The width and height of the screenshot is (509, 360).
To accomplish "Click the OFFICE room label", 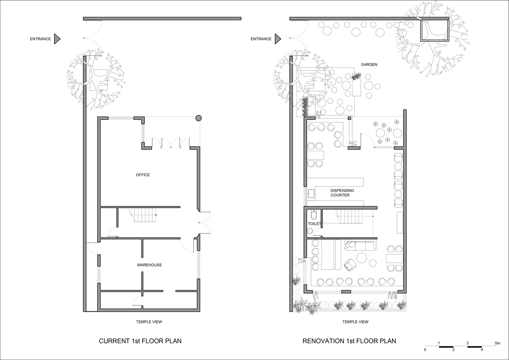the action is pos(143,175).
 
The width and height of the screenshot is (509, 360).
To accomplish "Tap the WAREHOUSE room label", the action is pos(149,265).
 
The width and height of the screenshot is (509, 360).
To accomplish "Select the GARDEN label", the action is pos(369,64).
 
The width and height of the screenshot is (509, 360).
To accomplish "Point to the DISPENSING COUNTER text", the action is pos(342,193).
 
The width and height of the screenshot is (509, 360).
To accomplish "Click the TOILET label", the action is pos(314,224).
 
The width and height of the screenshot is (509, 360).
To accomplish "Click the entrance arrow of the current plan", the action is pos(57,39).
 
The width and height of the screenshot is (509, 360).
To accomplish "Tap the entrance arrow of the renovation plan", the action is pos(278,39).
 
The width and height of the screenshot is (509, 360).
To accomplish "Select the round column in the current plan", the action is pos(199,118).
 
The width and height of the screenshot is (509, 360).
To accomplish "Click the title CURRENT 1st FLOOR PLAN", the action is pos(140,341).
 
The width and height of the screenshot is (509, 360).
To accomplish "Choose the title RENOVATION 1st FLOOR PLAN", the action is pos(349,341).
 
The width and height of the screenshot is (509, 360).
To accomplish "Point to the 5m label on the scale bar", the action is pos(497,343).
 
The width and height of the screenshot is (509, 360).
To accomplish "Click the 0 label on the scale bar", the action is pos(425,350).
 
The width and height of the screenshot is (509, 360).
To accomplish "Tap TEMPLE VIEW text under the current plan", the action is pos(149,322).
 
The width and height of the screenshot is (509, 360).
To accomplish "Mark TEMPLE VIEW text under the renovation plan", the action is pos(355,322).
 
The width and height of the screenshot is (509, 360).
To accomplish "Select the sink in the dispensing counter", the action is pos(311,194).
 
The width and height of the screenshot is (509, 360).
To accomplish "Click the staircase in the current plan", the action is pos(144,215).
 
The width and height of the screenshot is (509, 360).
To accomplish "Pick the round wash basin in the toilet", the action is pos(310,231).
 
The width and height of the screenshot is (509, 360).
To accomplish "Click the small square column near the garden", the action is pos(350,118).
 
